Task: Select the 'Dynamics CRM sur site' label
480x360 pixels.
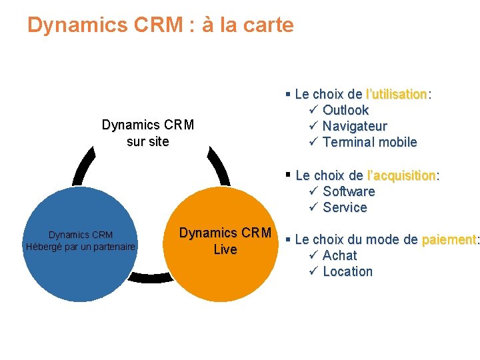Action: coord(147,133)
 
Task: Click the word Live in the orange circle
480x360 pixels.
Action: coord(225,250)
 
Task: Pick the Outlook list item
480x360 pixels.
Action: coord(345,110)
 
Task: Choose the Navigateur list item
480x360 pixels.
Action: coord(355,126)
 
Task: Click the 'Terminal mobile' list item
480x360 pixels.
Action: coord(369,142)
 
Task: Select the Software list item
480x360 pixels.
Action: coord(349,191)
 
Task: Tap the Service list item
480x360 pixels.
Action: coord(345,207)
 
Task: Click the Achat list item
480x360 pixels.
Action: coord(339,255)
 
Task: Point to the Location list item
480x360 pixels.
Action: coord(347,271)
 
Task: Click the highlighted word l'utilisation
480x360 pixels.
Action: coord(397,94)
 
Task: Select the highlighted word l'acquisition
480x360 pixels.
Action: coord(401,175)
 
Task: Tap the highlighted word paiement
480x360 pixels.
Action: coord(449,239)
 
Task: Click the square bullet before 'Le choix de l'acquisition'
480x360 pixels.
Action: coord(288,175)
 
